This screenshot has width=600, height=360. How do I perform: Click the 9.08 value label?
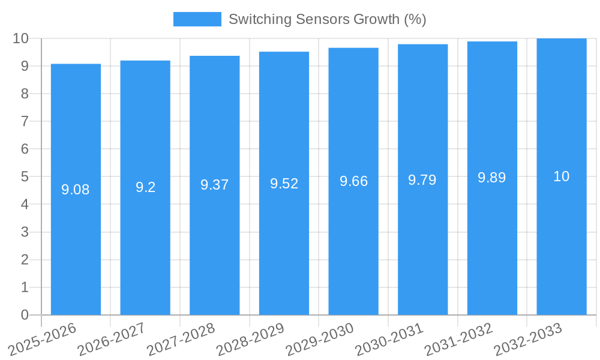[76, 190]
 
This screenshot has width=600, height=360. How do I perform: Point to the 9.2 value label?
[145, 187]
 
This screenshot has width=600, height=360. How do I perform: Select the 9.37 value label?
[215, 185]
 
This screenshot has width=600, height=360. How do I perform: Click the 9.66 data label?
[353, 181]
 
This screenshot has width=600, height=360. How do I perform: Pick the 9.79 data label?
[422, 180]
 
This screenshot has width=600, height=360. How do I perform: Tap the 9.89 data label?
[492, 178]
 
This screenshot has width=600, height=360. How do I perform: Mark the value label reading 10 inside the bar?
[562, 176]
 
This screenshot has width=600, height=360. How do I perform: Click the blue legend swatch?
[197, 19]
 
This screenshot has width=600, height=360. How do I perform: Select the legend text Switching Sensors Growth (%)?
[327, 19]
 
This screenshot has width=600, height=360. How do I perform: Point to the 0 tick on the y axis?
[25, 315]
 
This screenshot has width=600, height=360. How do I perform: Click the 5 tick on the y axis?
[25, 177]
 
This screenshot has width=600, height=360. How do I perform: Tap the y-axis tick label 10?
[21, 38]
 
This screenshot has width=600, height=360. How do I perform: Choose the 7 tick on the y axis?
[25, 121]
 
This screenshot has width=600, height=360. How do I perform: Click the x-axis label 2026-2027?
[111, 339]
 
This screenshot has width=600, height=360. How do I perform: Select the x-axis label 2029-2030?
[319, 339]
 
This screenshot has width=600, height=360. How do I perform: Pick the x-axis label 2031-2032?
[458, 339]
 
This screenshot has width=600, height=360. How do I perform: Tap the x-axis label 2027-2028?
[181, 339]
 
